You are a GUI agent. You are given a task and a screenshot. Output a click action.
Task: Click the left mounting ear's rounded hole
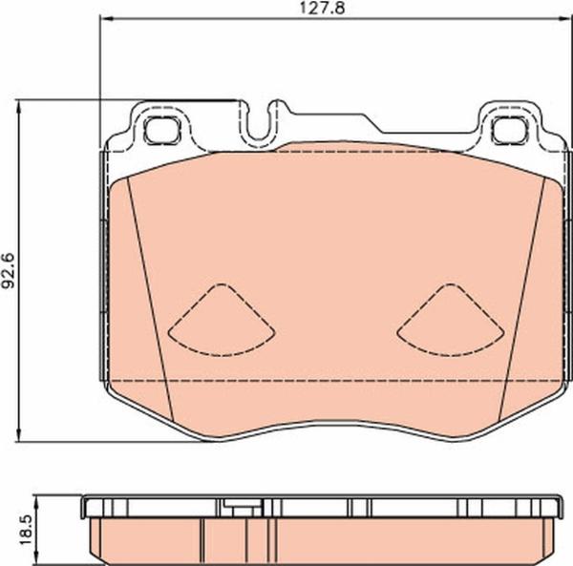point(157,127)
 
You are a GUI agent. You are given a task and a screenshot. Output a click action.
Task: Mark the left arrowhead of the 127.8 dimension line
point(104,20)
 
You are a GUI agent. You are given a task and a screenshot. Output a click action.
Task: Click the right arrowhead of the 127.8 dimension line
point(563,20)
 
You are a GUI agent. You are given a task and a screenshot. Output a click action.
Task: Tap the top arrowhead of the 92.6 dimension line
point(23,102)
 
